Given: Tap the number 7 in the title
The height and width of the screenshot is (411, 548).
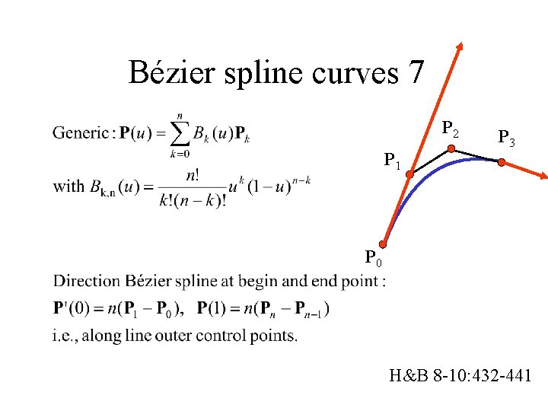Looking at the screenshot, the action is pyautogui.click(x=416, y=73).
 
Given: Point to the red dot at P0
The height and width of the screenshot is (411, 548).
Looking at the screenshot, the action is pyautogui.click(x=384, y=244).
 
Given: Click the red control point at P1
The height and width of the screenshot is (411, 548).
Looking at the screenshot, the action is pyautogui.click(x=409, y=175).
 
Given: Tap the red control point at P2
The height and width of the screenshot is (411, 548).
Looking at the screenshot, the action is pyautogui.click(x=451, y=150).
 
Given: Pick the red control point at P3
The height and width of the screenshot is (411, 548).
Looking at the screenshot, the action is pyautogui.click(x=501, y=161).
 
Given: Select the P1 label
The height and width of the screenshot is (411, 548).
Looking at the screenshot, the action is pyautogui.click(x=393, y=161).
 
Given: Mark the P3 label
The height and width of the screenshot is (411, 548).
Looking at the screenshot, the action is pyautogui.click(x=506, y=138).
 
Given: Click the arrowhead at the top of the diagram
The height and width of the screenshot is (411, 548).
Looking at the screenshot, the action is pyautogui.click(x=460, y=47).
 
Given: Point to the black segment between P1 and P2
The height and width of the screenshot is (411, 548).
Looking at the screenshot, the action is pyautogui.click(x=430, y=162).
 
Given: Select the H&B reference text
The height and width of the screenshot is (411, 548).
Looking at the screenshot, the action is pyautogui.click(x=460, y=375).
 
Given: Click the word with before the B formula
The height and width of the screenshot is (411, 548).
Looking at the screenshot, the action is pyautogui.click(x=68, y=186).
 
